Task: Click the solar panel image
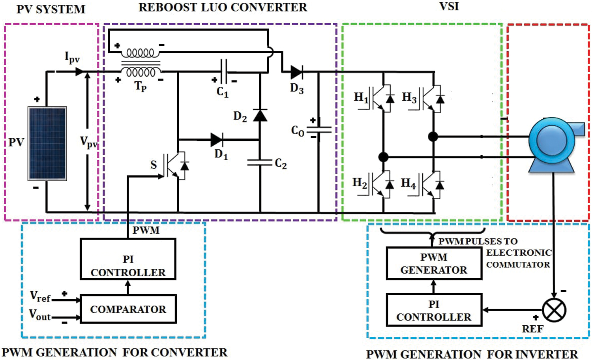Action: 47,143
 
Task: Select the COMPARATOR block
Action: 128,309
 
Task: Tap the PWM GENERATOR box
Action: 434,264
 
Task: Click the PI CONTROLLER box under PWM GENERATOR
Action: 434,310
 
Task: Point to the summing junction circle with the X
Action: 554,310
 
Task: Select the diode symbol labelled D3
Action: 296,72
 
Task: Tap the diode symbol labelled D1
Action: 216,139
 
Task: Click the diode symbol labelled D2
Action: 260,115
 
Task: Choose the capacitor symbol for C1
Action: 224,72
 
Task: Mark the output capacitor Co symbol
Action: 318,129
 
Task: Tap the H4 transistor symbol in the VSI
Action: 432,184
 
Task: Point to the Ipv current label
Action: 72,57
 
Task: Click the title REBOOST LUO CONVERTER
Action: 223,7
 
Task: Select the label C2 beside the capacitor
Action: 281,163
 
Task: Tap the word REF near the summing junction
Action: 532,329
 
